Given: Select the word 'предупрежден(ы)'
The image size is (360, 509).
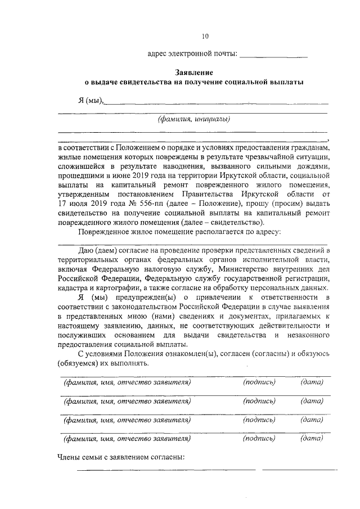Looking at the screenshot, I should click(x=144, y=297).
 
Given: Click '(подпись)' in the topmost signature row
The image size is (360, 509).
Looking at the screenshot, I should click(x=259, y=382).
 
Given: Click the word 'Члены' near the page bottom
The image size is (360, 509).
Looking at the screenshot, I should click(x=69, y=457).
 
